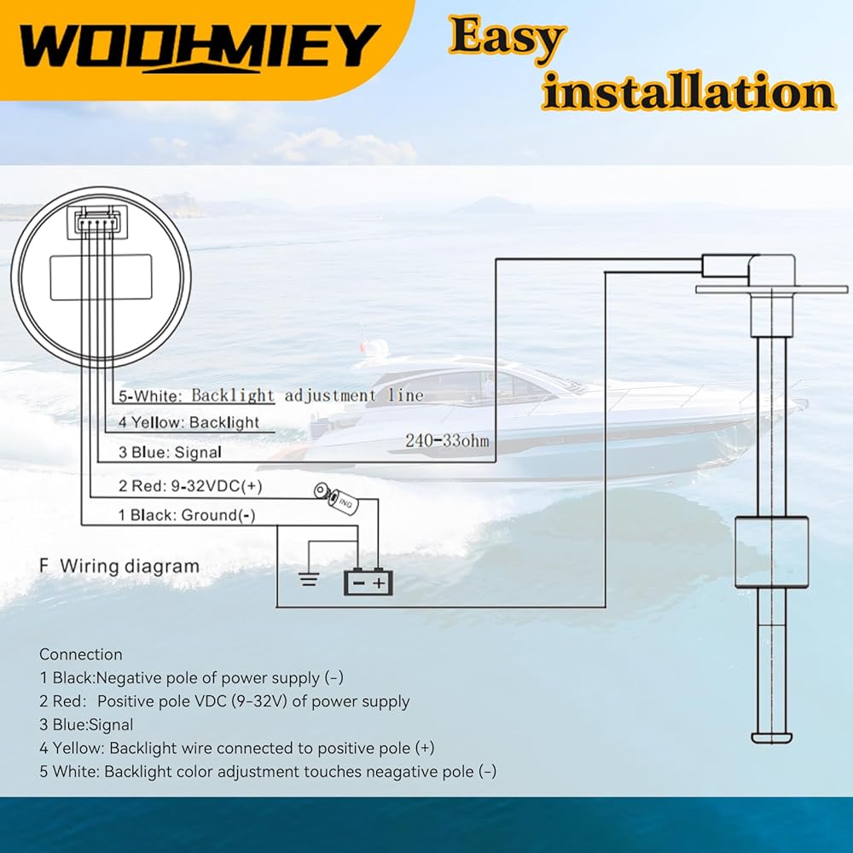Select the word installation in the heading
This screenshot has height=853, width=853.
[x=688, y=93]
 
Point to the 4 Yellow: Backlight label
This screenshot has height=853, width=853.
[x=189, y=422]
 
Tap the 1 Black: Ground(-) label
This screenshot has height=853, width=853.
[x=186, y=514]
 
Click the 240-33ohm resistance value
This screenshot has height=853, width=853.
[x=447, y=441]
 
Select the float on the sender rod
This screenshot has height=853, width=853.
[x=771, y=552]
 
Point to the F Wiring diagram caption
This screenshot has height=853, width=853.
[x=119, y=566]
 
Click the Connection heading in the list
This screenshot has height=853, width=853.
[x=81, y=654]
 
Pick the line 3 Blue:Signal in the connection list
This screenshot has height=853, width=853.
[x=86, y=725]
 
